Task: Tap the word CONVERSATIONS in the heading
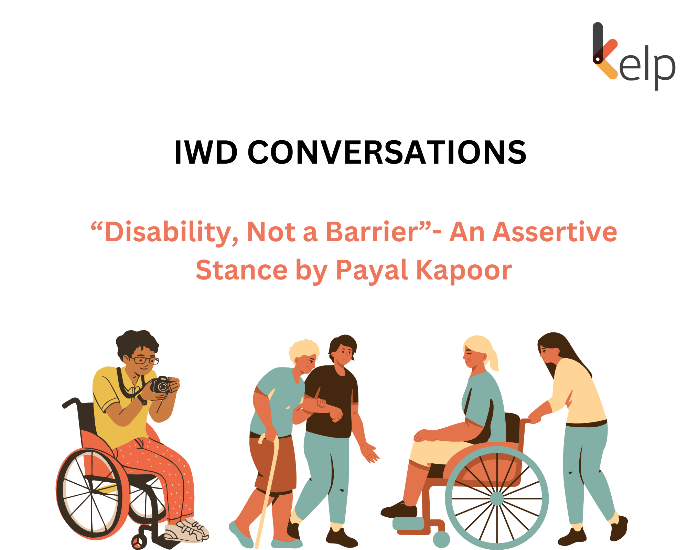coord(387,152)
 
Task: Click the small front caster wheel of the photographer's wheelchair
coord(139,542)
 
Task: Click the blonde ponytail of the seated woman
coord(494,361)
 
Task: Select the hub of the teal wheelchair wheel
coord(497,498)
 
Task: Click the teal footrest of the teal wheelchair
coord(408,524)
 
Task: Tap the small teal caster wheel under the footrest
coord(441,539)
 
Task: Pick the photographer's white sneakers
coord(187,531)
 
